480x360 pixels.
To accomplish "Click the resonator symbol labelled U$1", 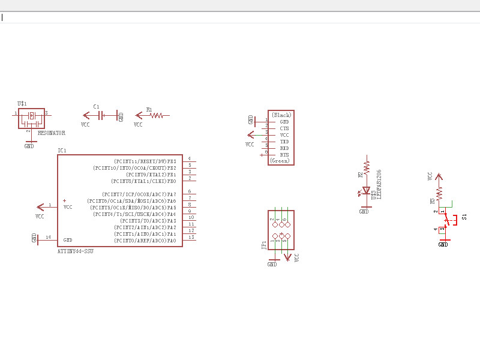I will click(31, 116).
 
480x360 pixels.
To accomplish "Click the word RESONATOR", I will click(52, 133).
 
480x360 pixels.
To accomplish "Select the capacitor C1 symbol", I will click(102, 115).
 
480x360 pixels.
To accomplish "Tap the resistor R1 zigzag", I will click(157, 115).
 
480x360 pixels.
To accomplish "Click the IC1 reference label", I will click(62, 150).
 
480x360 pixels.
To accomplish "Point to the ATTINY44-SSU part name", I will click(75, 251).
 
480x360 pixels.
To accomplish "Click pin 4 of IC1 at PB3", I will click(190, 158).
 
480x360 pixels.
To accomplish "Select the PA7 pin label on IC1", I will click(172, 194).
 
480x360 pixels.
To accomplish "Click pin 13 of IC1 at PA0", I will click(191, 238).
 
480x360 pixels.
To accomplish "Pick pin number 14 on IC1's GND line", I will click(48, 238).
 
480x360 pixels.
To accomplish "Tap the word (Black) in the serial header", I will click(281, 115).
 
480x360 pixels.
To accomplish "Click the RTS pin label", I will click(284, 155).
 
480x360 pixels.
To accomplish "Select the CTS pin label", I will click(284, 128).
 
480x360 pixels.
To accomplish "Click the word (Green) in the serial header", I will click(280, 161).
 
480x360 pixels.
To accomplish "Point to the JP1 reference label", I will click(264, 245).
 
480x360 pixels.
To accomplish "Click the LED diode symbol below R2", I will click(366, 191).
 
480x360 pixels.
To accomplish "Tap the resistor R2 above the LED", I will click(367, 165).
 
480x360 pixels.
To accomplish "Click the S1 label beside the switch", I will click(464, 216).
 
